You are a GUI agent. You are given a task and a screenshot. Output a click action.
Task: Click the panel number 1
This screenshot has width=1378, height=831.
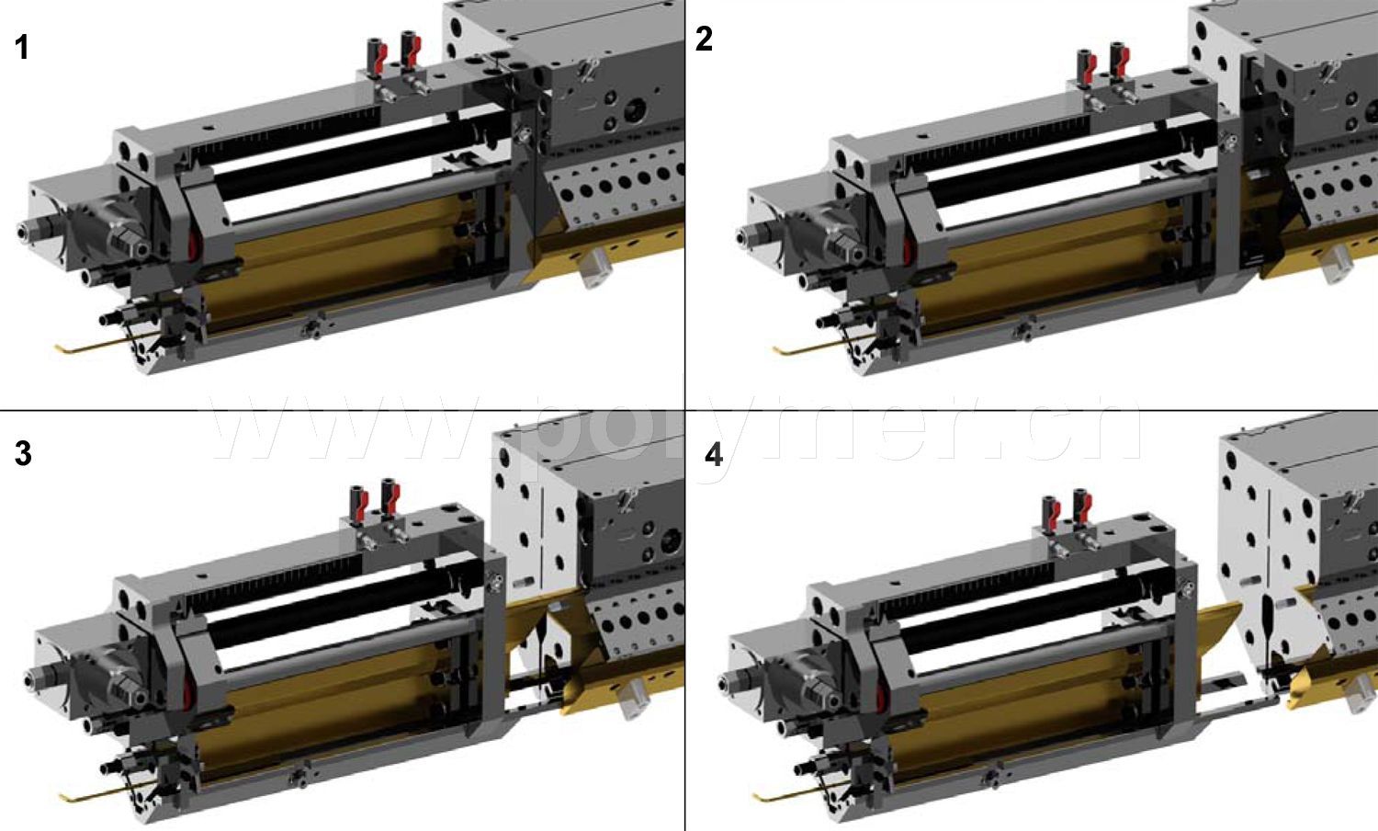(x=22, y=48)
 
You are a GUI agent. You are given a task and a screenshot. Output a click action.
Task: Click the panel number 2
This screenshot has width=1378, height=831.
(x=704, y=40)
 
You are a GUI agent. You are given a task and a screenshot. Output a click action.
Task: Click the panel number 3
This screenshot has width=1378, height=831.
(x=23, y=454)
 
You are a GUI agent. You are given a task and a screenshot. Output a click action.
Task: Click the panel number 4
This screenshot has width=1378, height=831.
(x=714, y=456)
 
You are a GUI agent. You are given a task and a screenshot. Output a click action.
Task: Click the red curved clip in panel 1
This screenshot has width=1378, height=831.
(x=193, y=246)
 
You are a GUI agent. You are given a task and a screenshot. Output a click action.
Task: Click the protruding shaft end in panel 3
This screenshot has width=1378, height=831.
(x=32, y=679)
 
